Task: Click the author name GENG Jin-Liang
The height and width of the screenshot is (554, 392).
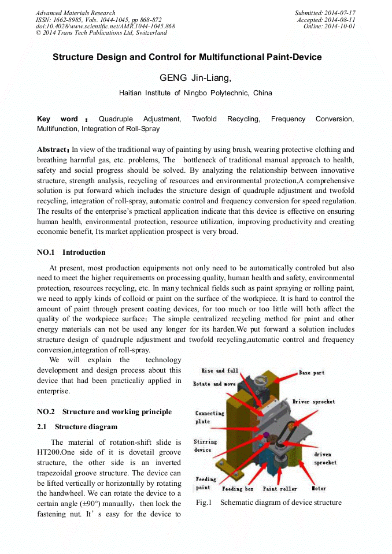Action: (195, 78)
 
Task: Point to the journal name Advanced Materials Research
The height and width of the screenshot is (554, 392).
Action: (75, 13)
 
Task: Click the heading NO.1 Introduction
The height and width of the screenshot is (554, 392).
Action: (71, 252)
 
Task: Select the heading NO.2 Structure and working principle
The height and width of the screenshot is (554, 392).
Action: (104, 412)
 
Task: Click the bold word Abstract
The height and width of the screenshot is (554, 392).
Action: (53, 150)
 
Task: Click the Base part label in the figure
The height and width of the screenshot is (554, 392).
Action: (311, 373)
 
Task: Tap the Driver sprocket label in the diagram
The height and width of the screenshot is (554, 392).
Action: (313, 401)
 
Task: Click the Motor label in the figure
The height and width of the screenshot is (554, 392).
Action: (319, 489)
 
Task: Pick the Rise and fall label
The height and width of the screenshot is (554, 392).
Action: (219, 371)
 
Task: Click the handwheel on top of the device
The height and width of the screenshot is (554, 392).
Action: (259, 379)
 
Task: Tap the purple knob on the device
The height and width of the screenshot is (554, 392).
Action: (266, 434)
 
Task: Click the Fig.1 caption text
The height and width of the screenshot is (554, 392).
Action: (268, 503)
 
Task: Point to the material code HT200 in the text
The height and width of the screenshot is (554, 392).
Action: (48, 452)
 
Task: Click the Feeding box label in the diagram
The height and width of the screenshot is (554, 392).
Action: (238, 489)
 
